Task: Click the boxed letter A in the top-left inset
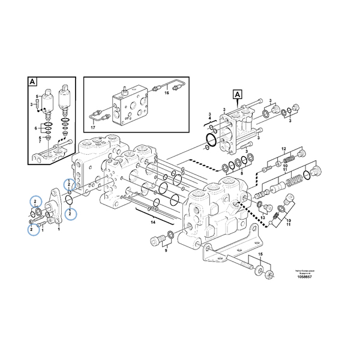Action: click(32, 81)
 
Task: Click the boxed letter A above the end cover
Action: click(238, 94)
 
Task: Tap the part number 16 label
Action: click(167, 93)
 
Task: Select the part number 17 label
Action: click(93, 127)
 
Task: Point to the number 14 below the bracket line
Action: click(153, 223)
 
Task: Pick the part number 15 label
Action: click(260, 255)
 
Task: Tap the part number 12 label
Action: click(284, 148)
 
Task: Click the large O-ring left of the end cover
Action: click(211, 141)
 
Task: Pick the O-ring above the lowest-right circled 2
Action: click(70, 200)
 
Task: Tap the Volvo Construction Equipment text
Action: click(305, 272)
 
